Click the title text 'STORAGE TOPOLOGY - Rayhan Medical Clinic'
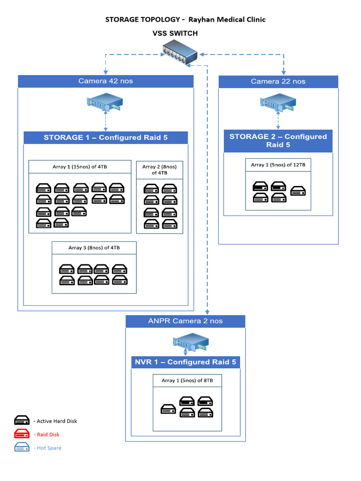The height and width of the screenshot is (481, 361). (185, 19)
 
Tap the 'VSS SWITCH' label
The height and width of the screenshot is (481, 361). (175, 33)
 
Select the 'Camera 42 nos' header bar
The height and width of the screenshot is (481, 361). (106, 81)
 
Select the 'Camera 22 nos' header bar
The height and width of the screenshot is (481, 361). (278, 82)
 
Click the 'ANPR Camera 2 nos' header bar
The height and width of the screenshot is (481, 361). (185, 321)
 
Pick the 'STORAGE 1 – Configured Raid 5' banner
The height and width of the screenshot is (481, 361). (106, 138)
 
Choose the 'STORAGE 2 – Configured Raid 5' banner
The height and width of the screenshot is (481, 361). (278, 141)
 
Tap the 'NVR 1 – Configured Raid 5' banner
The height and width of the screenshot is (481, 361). (186, 362)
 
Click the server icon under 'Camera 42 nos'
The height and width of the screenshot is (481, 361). (105, 103)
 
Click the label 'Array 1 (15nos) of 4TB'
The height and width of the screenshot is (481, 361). (80, 167)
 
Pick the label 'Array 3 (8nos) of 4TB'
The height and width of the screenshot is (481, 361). (94, 248)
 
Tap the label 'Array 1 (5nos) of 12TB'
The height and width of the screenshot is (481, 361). (278, 165)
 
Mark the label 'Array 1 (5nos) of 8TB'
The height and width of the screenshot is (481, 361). (187, 380)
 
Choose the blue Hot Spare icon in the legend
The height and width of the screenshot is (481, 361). (22, 448)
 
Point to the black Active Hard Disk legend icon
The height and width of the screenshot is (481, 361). (22, 421)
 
